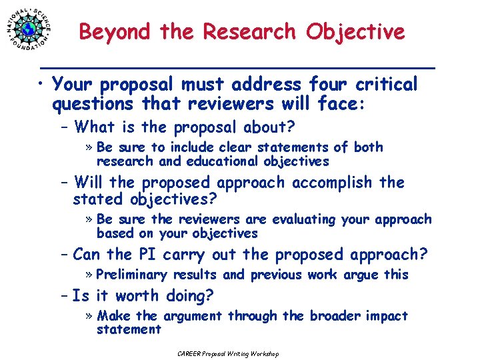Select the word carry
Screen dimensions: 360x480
point(186,255)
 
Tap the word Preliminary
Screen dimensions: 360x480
point(131,275)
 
